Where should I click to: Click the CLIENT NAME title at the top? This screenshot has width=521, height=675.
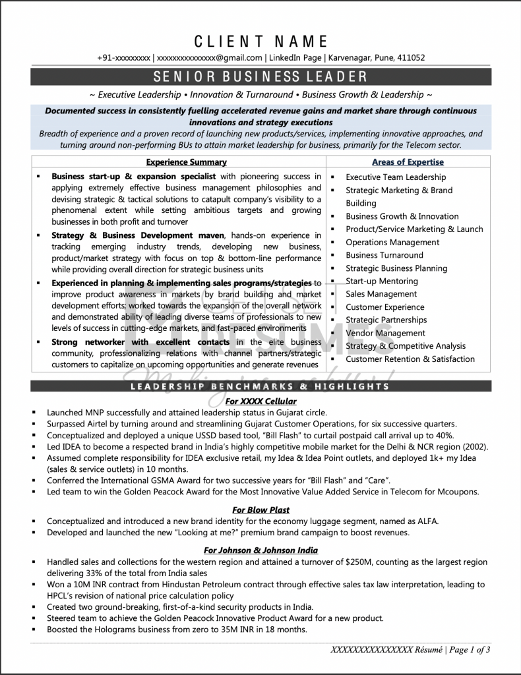(x=260, y=41)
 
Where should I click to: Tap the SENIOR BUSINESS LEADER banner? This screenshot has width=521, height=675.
(x=260, y=76)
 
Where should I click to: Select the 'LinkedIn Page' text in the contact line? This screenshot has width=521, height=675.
(x=296, y=58)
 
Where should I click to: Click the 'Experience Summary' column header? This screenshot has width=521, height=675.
(x=186, y=162)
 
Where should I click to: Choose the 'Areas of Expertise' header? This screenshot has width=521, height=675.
(x=408, y=162)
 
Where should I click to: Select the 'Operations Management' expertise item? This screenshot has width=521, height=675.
(x=392, y=243)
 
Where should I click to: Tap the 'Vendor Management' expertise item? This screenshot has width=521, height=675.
(x=386, y=334)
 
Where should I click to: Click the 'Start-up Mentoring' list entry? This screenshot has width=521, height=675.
(x=382, y=281)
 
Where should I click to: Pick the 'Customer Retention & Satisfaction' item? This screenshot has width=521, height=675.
(x=410, y=359)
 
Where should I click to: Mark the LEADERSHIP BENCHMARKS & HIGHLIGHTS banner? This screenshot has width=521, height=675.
(x=260, y=386)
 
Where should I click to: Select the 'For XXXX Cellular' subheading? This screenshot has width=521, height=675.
(x=260, y=401)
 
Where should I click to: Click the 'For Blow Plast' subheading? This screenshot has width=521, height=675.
(x=260, y=510)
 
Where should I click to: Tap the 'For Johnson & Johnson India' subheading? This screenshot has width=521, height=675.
(x=260, y=550)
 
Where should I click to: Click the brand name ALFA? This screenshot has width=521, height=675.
(x=425, y=521)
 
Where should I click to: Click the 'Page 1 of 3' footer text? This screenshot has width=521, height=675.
(x=470, y=650)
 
